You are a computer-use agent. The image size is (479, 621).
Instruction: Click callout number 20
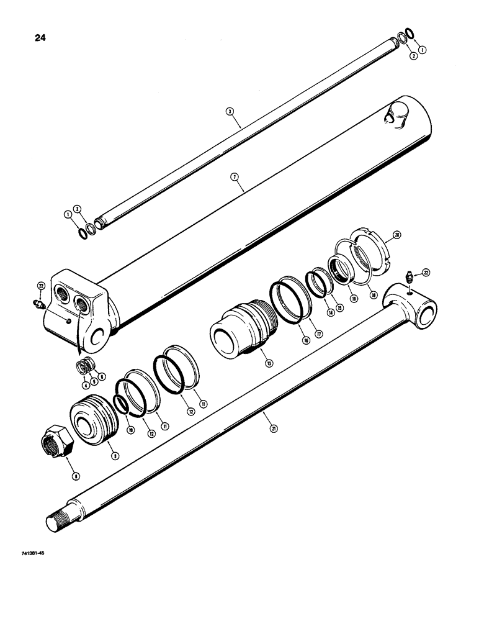(x=396, y=235)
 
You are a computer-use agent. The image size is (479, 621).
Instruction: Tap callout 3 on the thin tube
(x=230, y=111)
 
